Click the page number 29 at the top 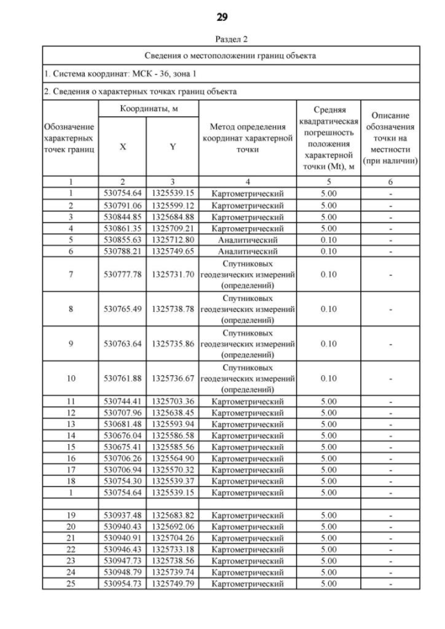222,16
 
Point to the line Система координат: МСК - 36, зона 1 118,73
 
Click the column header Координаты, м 147,110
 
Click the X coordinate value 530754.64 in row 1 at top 122,193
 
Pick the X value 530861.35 122,227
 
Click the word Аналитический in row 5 248,239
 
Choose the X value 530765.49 122,309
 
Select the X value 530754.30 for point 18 122,481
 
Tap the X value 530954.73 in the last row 122,584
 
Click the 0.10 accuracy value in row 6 328,251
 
